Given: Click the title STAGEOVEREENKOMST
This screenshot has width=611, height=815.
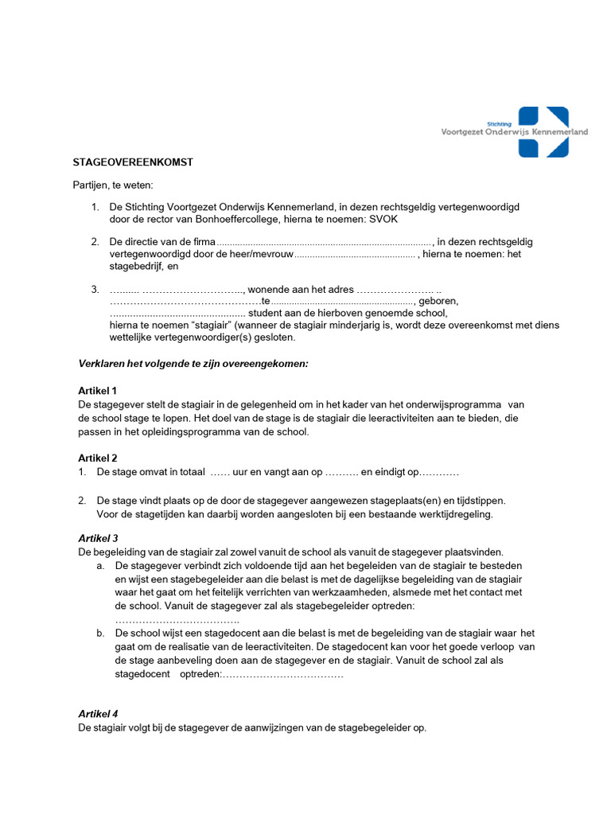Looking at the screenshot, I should (x=133, y=162).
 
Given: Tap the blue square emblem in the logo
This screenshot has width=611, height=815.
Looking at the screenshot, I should (x=543, y=131).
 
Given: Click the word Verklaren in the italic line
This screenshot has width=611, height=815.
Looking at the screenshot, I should (x=99, y=364).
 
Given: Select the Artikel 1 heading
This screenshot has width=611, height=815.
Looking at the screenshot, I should (x=97, y=391).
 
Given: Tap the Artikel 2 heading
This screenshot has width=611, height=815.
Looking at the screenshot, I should (x=97, y=458).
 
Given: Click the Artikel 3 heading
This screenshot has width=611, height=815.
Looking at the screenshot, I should (x=97, y=539).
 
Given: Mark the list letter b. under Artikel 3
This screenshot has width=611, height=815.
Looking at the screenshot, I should (x=100, y=634).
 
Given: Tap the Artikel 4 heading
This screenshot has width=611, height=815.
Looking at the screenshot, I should (x=97, y=714).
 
